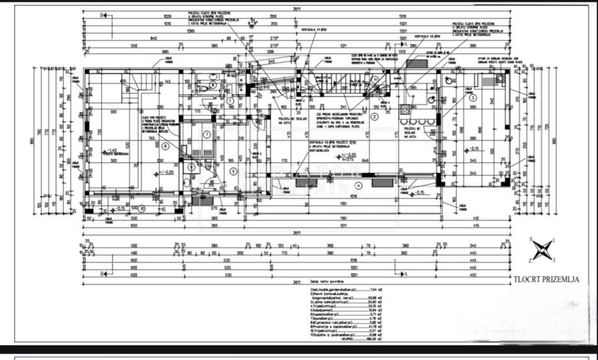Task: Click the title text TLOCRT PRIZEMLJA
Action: click(x=545, y=280)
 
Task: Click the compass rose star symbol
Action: click(x=543, y=250)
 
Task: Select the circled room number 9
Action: click(x=166, y=146)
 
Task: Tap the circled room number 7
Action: click(x=207, y=135)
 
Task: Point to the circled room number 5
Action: click(x=233, y=171)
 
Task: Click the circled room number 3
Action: click(x=473, y=97)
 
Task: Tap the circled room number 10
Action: click(x=142, y=209)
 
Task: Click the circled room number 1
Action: click(x=230, y=101)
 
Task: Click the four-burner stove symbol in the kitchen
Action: click(x=406, y=109)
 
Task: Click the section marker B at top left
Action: click(x=102, y=14)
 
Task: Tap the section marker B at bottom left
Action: click(x=102, y=274)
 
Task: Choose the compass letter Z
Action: click(x=530, y=259)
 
